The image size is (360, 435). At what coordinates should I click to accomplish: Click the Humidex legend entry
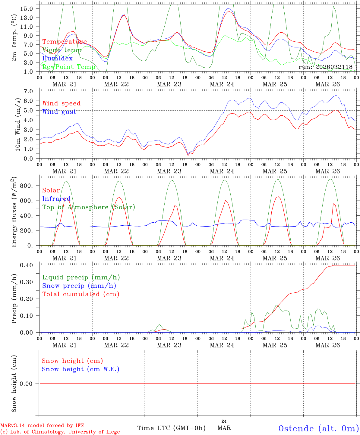57,59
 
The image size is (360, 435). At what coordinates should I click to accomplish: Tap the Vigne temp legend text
62,50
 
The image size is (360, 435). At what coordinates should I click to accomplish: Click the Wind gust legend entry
59,112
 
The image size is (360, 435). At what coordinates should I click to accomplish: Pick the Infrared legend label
56,199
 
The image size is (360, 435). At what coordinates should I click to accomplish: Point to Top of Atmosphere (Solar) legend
89,207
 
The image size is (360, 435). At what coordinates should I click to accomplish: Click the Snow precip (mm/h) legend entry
79,286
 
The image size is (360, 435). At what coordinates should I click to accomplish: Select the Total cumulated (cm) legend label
81,294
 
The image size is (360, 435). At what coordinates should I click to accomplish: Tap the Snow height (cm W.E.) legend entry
81,369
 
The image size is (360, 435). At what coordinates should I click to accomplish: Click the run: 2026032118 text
325,67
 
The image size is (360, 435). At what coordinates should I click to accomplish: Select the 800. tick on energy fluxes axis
26,186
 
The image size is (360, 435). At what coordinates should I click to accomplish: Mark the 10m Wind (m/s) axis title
18,124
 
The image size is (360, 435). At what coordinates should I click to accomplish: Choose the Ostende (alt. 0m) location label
318,428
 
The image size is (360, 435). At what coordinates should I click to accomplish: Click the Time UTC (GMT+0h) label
171,428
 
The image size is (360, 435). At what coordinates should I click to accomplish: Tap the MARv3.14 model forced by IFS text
42,426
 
